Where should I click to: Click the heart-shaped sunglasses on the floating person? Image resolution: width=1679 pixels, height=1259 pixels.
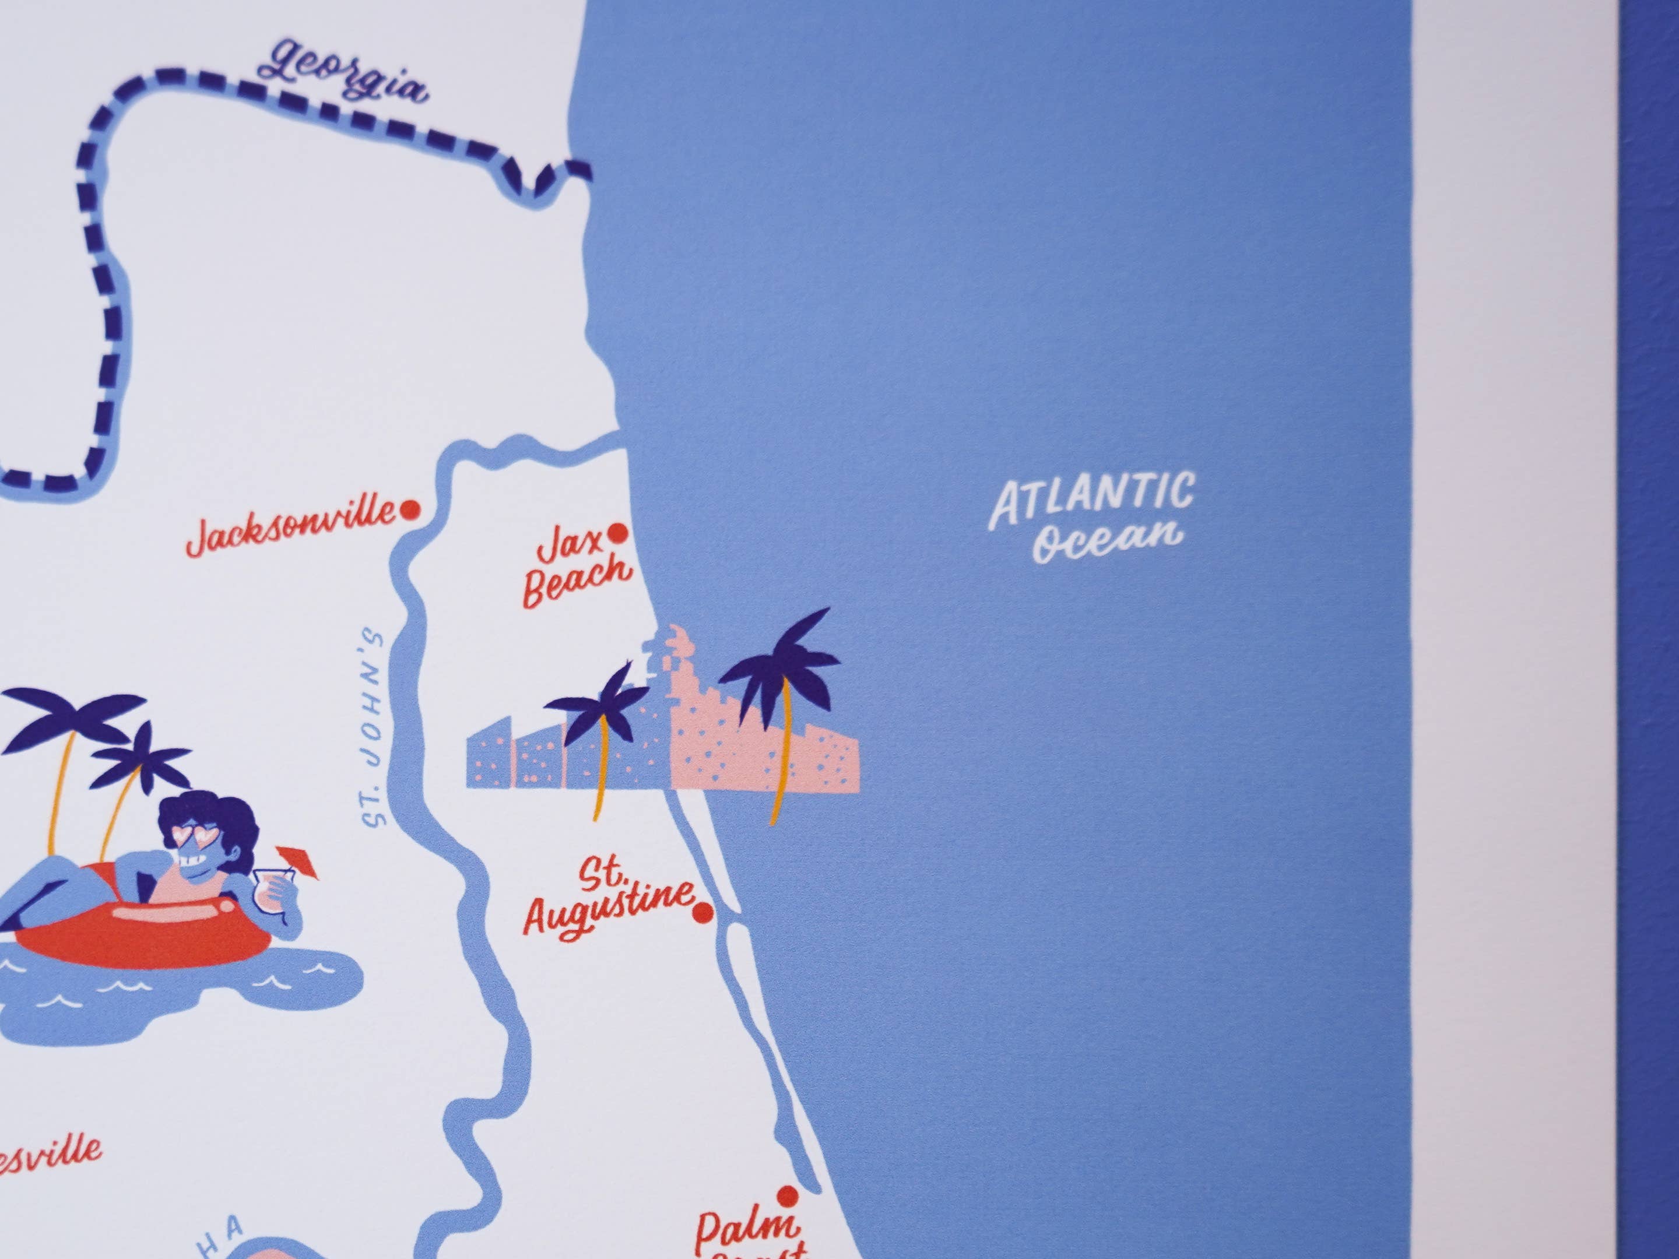coord(192,836)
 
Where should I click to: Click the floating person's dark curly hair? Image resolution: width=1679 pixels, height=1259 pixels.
coord(205,808)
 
